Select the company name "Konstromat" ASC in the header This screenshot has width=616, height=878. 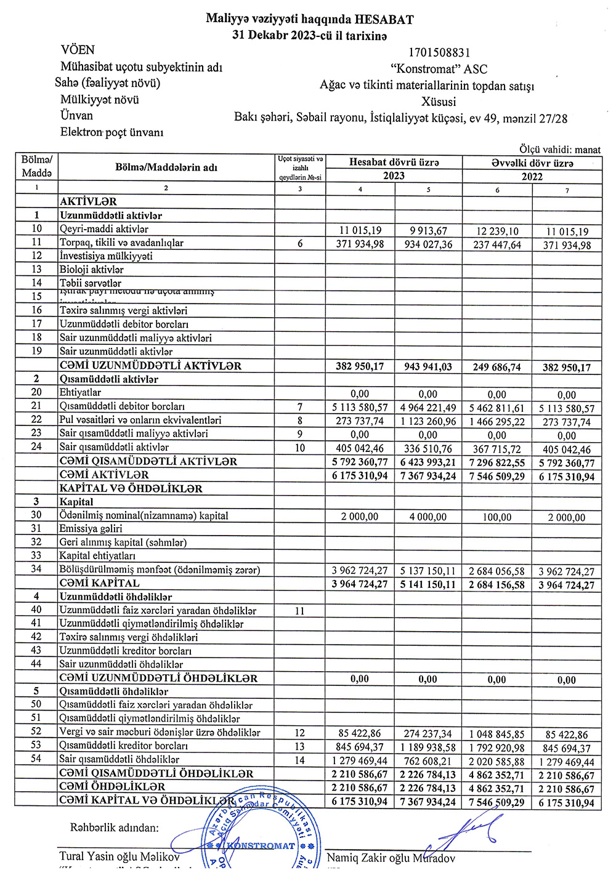(x=439, y=69)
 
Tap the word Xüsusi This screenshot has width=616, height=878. (x=439, y=102)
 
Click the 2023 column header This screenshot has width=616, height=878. (x=394, y=176)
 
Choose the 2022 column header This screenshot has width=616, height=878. (x=532, y=177)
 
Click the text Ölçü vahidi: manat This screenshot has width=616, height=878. (x=559, y=150)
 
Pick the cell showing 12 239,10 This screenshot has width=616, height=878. (x=497, y=231)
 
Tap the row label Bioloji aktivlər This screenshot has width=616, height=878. (x=92, y=270)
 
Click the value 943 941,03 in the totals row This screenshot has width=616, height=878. (x=428, y=367)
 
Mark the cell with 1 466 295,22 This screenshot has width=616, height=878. (x=497, y=422)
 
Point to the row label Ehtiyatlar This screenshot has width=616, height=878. (x=80, y=393)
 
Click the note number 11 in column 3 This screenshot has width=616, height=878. (x=300, y=611)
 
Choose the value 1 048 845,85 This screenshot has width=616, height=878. (x=497, y=734)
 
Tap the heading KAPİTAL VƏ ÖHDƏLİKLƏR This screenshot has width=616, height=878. (x=131, y=488)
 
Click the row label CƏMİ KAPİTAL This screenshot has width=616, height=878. (x=99, y=583)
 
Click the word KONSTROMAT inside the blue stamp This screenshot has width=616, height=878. (x=261, y=846)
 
